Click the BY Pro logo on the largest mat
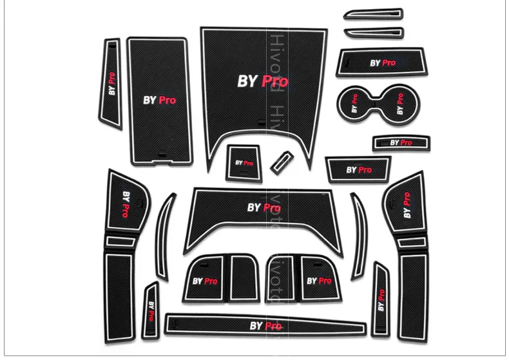[262, 81]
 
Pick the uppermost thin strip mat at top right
[373, 14]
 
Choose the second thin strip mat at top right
[373, 32]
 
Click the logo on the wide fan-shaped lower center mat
[263, 207]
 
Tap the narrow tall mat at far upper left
[111, 84]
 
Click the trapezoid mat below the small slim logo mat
[358, 170]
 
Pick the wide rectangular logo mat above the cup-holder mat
[382, 63]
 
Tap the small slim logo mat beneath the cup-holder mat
[400, 142]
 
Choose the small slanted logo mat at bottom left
[151, 310]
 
